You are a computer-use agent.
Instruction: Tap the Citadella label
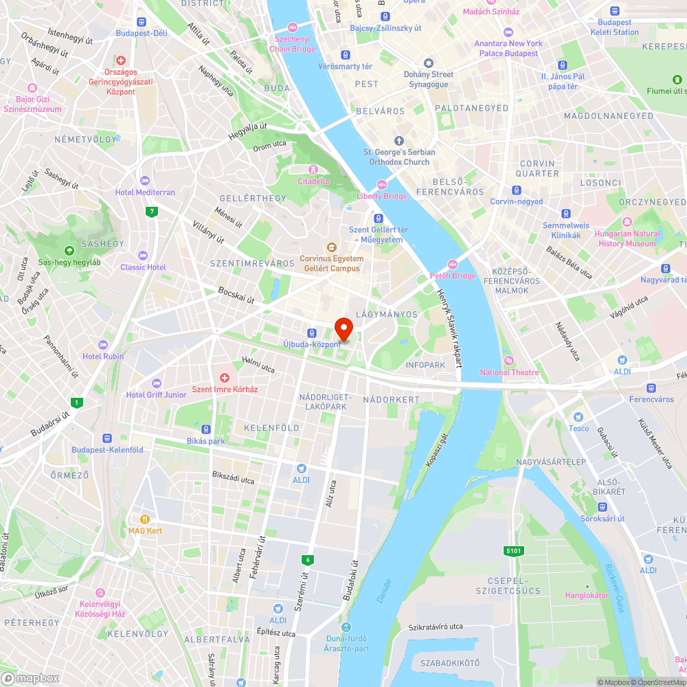pos(313,181)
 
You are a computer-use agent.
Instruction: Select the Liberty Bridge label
pos(382,196)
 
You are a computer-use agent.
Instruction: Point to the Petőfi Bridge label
pos(453,275)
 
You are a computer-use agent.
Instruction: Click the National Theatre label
pos(509,372)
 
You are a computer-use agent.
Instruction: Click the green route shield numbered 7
pos(150,211)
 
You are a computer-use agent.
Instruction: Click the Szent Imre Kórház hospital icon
pos(224,377)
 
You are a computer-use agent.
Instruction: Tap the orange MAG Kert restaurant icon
pos(145,519)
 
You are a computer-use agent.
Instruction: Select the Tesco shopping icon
pos(578,417)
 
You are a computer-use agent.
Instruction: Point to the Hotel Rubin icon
pos(103,344)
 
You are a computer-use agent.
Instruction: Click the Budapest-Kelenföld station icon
pos(107,438)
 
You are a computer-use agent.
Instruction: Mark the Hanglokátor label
pos(587,595)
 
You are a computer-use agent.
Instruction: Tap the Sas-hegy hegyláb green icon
pos(69,251)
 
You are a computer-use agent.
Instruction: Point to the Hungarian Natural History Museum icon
pos(627,222)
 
